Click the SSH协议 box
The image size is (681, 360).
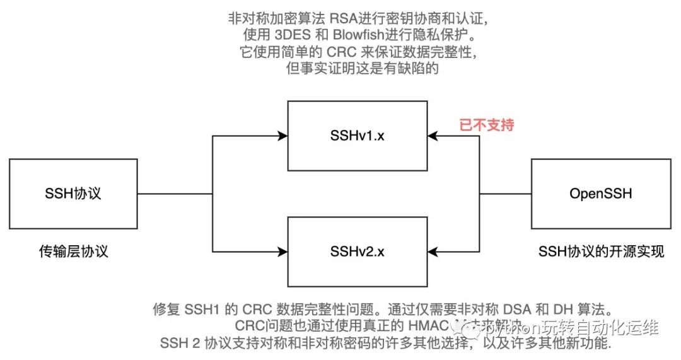tap(73, 193)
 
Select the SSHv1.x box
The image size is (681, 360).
tap(358, 134)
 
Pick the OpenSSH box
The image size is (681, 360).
tap(600, 193)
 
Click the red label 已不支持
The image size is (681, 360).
tap(486, 125)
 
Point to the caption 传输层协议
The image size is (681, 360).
tap(73, 251)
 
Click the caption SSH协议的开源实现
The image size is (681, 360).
tap(600, 252)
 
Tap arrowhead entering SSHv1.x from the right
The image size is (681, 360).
tap(431, 134)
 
